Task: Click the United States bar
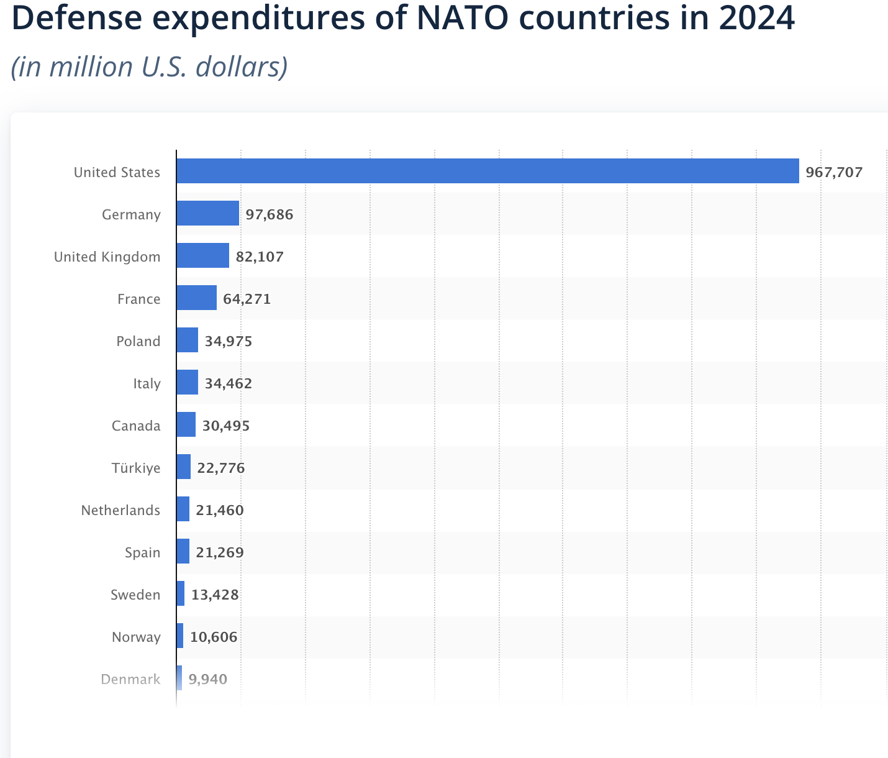[487, 171]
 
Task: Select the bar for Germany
[207, 213]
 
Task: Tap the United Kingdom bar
[202, 255]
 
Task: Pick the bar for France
[196, 298]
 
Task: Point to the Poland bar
[187, 340]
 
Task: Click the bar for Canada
[186, 424]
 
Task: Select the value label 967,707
[834, 172]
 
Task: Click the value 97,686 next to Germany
[270, 214]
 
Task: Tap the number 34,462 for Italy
[229, 383]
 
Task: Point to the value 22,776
[221, 468]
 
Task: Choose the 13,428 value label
[215, 595]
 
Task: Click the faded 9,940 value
[208, 679]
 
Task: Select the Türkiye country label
[136, 468]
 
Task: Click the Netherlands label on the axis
[120, 510]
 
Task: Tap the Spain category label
[142, 552]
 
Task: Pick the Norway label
[136, 637]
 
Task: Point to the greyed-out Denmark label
[130, 679]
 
